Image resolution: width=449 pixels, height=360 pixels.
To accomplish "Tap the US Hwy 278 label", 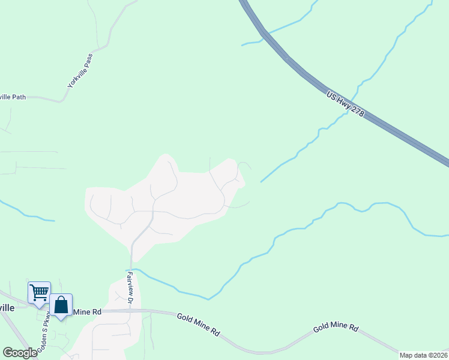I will pos(346,104).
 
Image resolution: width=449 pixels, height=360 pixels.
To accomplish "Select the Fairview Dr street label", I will pos(130,286).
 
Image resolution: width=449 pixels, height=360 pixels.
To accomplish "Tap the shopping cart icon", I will pos(39,292).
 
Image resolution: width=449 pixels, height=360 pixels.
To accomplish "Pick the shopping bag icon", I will pos(61,304).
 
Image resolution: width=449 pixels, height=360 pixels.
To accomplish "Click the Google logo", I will pos(20,353).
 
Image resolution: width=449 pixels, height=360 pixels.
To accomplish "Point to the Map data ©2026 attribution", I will pos(423,355).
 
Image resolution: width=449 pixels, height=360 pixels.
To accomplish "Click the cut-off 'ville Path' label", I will pos(12,97).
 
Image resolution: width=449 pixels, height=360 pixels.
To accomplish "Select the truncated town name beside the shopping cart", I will pos(7,308).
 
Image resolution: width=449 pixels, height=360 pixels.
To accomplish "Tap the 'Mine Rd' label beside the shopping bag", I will pos(87,312).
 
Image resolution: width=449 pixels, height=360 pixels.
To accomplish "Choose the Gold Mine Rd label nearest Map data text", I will pos(336,329).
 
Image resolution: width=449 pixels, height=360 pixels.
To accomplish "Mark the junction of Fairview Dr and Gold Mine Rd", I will pos(130,311).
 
